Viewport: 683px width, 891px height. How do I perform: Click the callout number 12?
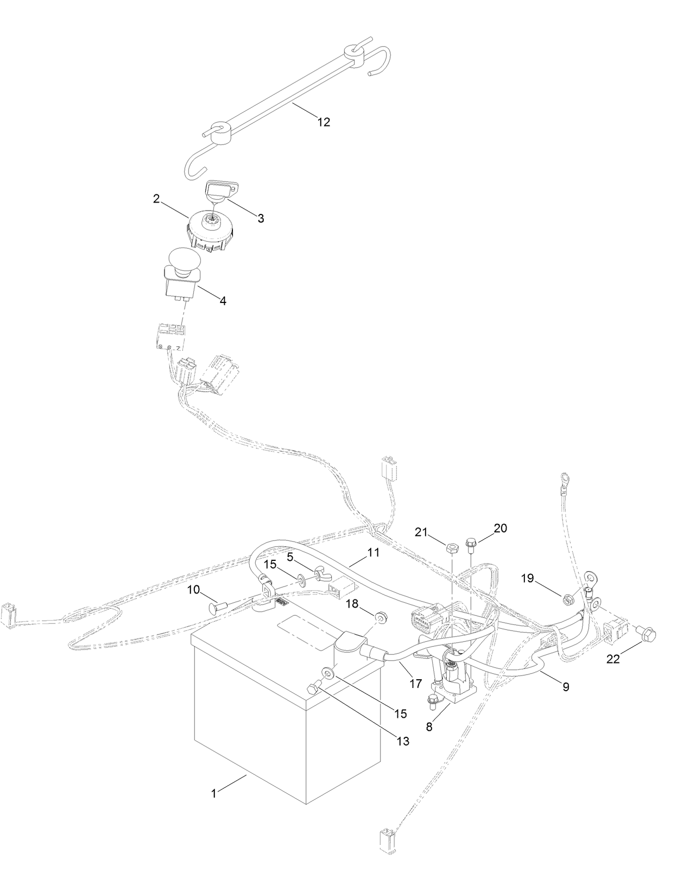(324, 122)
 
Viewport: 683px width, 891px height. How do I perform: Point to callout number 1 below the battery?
(214, 793)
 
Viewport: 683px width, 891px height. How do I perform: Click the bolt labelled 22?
(648, 633)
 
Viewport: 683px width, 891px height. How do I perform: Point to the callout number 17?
(415, 684)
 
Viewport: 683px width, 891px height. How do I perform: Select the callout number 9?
(566, 687)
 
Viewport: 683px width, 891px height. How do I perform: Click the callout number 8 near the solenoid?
(429, 726)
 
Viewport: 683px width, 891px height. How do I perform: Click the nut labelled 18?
(380, 617)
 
